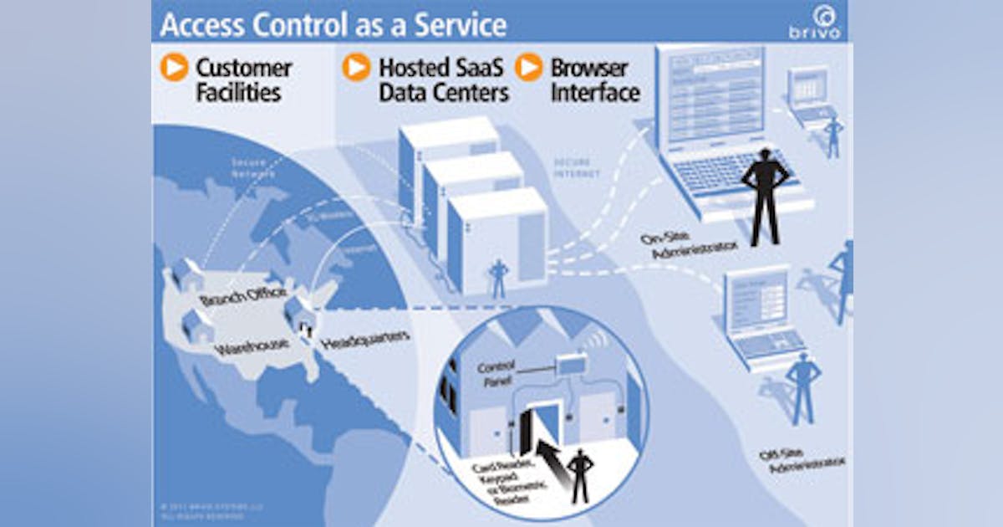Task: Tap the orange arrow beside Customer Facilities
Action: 175,67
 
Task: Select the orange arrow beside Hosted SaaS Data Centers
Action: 356,67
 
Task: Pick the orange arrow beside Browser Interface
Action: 528,67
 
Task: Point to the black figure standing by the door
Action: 580,475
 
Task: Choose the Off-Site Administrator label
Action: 807,462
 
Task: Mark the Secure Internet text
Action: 576,168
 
